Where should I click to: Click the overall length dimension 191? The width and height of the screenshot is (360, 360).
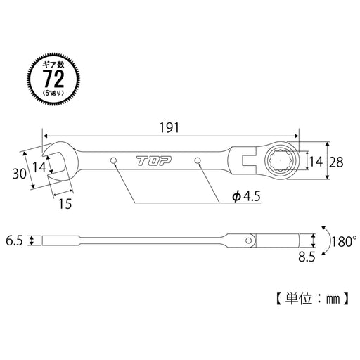pos(170,127)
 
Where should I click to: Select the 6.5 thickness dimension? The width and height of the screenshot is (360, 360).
pos(15,240)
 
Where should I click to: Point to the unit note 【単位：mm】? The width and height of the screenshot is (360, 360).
pos(308,299)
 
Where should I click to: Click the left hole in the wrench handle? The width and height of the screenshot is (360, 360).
pos(113,162)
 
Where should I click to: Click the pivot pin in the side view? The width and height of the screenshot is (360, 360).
pos(250,241)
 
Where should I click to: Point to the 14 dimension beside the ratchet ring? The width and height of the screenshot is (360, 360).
pos(314,162)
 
